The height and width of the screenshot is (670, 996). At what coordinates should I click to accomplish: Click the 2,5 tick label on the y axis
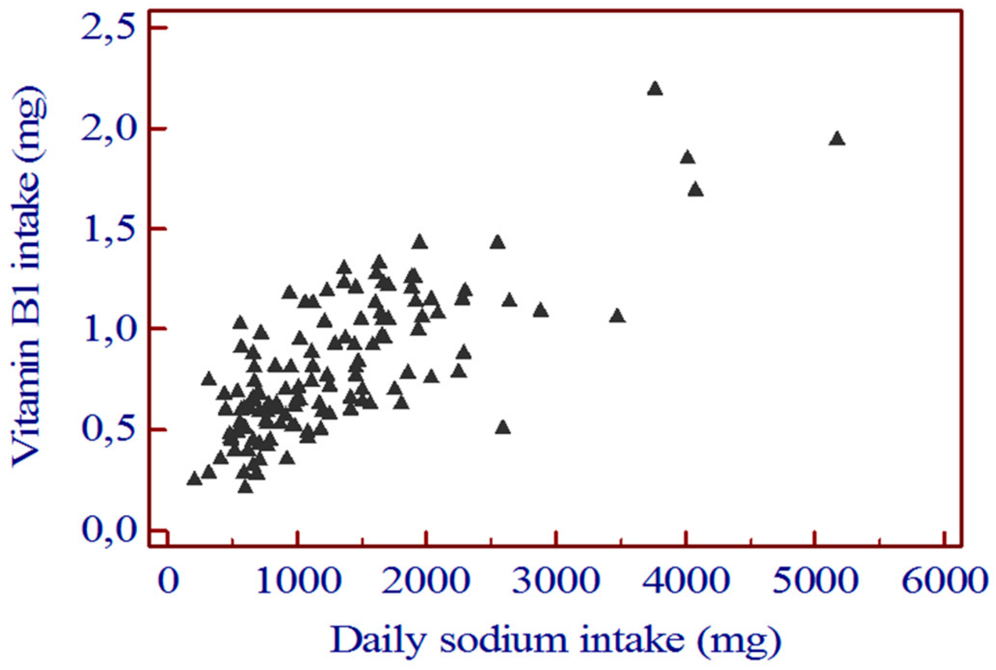point(108,28)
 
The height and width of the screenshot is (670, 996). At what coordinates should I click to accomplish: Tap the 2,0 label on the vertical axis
point(108,129)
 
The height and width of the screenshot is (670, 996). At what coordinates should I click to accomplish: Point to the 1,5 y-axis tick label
point(108,229)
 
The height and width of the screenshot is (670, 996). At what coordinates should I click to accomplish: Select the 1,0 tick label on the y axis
point(108,329)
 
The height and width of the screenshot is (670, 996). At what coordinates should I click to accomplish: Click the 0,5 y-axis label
point(108,429)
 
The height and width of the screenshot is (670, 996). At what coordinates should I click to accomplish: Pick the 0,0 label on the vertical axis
point(108,530)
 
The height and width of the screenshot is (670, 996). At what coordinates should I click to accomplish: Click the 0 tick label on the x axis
point(168,580)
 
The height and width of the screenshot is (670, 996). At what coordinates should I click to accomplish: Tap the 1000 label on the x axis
point(298,580)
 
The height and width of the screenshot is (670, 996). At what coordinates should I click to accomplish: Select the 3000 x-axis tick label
point(556,580)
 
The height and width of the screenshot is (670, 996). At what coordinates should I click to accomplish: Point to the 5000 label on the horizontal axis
point(815,580)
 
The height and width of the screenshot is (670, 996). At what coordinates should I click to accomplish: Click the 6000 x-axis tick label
point(944,580)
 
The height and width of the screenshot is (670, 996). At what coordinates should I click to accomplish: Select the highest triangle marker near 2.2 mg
point(655,89)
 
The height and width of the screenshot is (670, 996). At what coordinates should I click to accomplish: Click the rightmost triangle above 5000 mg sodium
point(837,139)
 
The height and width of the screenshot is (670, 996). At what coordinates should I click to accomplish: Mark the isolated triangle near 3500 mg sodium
point(617,316)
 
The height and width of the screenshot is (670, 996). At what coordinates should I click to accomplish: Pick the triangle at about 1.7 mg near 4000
point(695,190)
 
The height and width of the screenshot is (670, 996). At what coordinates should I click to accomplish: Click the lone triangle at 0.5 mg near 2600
point(503,427)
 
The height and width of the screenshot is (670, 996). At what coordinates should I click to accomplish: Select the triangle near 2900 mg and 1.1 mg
point(541,311)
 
